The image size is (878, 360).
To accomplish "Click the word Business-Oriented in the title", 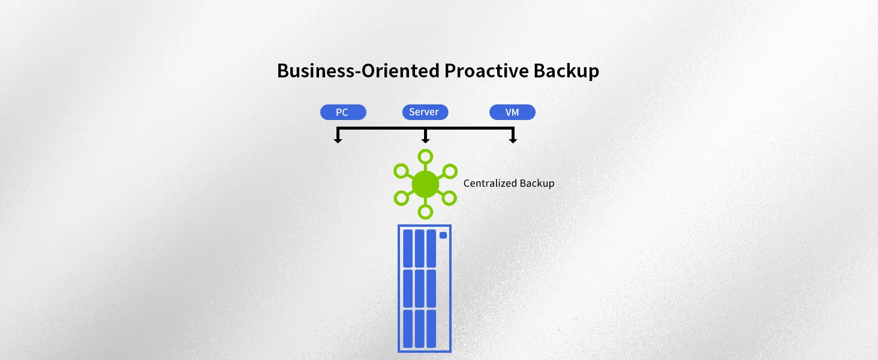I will pos(357,71).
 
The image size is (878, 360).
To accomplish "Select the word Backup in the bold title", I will pos(566,71).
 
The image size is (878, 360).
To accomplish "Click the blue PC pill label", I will pos(342,112).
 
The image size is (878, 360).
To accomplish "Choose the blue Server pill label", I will pos(425,112).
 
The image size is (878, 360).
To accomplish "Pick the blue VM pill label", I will pos(512,112).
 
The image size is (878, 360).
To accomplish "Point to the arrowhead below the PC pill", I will pos(338,140).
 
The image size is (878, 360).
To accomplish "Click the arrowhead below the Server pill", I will pos(425,140).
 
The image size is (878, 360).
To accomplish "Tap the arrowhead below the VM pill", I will pos(513,140).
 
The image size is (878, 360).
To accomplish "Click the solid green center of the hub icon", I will pos(425,184).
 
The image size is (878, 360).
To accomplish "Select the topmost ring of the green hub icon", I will pos(425,157).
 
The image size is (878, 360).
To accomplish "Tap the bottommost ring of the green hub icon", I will pos(425,211).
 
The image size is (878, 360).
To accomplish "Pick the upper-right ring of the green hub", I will pos(449,170).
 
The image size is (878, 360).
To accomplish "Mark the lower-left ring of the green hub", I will pos(401,197).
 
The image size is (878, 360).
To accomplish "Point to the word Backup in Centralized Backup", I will pos(537,184).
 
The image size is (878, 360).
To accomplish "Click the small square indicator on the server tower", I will pos(443,235).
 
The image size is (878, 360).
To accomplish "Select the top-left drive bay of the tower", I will pos(408,248).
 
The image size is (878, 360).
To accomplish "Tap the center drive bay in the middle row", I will pos(419,288).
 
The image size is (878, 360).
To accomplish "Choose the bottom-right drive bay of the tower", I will pos(431,328).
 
